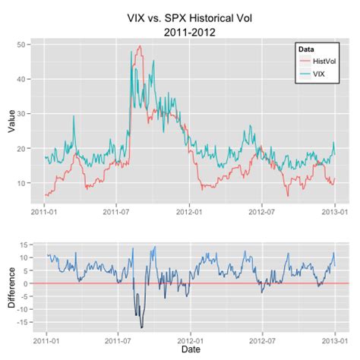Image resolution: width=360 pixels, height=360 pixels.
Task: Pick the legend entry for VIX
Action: pyautogui.click(x=315, y=74)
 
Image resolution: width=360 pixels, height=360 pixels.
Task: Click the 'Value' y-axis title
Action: pyautogui.click(x=11, y=120)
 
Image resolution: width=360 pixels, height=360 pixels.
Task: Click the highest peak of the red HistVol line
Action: pyautogui.click(x=140, y=46)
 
